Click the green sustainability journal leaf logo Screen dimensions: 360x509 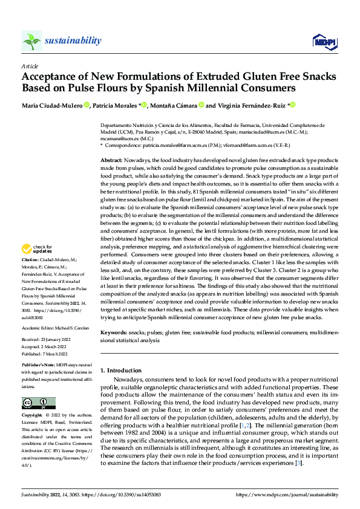point(31,40)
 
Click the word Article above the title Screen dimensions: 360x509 point(29,66)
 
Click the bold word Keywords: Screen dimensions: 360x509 point(114,332)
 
